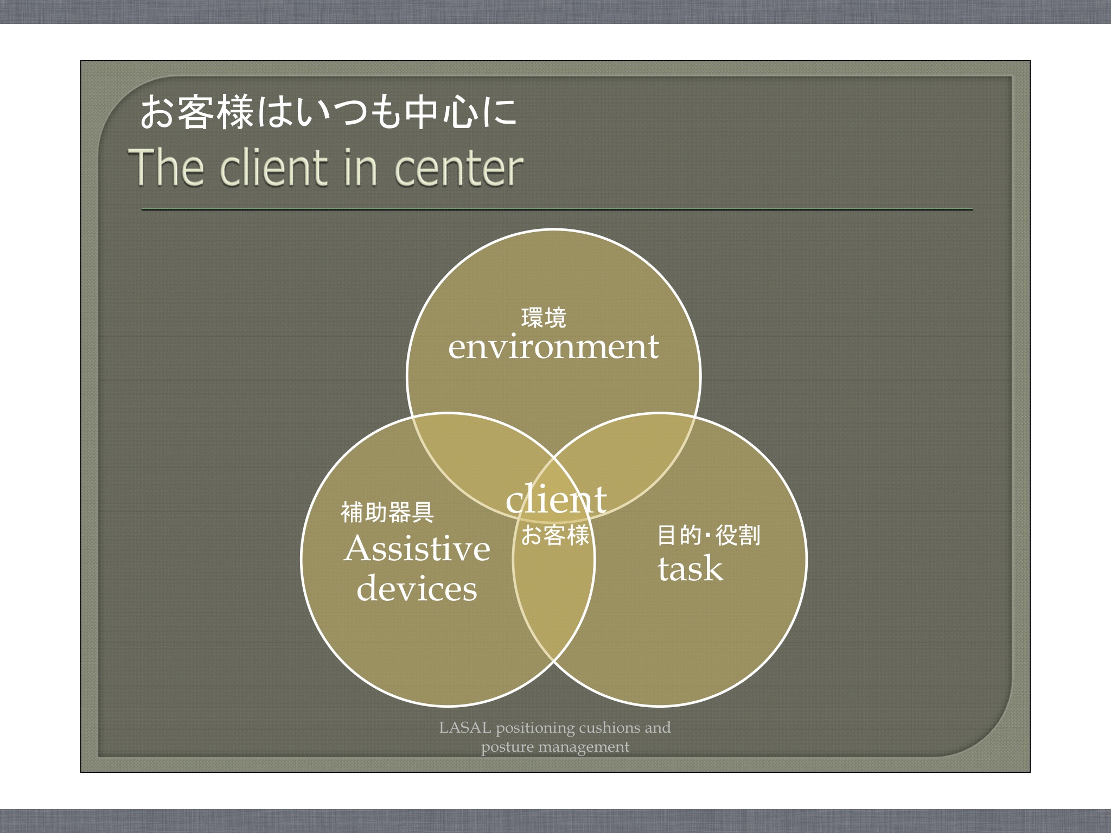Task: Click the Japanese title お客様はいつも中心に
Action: coord(328,113)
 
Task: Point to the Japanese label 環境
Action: coord(544,318)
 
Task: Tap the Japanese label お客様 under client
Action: coord(555,535)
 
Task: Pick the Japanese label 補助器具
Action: coord(387,512)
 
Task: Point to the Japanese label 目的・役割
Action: coord(708,535)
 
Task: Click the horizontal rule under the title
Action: coord(557,209)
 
